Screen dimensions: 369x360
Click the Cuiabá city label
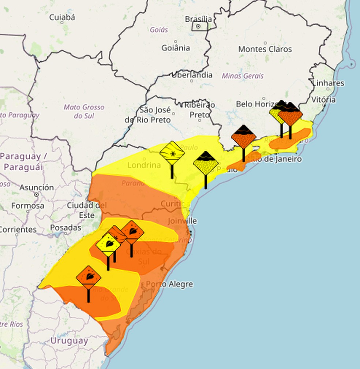(62, 17)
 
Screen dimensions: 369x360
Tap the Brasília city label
(198, 19)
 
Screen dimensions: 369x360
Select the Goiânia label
(176, 48)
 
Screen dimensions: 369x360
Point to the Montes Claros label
(265, 49)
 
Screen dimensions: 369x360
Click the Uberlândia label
(192, 75)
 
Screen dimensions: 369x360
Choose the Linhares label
(328, 83)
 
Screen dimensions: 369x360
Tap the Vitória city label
(323, 100)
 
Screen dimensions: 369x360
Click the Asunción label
(37, 187)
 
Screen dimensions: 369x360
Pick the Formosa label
(27, 206)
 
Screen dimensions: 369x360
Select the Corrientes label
(18, 230)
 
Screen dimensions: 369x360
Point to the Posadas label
(65, 228)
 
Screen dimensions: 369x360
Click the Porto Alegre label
(169, 284)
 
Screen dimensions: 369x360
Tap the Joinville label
(182, 221)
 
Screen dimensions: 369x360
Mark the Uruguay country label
(69, 341)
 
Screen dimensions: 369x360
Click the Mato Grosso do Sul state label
(84, 111)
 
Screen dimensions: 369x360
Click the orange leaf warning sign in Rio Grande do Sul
(89, 277)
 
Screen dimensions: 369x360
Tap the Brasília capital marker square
(198, 26)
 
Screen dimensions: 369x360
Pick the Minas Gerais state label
(243, 76)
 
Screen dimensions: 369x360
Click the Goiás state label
(159, 30)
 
